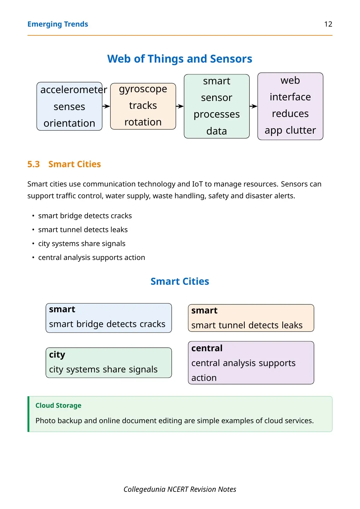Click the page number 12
coord(328,24)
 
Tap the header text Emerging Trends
coord(57,24)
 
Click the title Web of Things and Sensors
coord(180,59)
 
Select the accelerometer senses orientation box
coord(69,106)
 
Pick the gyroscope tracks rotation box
coord(143,106)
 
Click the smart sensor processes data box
coord(217,106)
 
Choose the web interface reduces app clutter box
coord(290,106)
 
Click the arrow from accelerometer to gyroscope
coord(106,106)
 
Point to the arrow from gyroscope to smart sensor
coord(180,106)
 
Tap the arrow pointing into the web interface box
coord(253,106)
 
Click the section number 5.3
coord(34,164)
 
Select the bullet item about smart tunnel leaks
coord(83,230)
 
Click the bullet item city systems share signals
coord(82,244)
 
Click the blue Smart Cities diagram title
coord(180,281)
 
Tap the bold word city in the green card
coord(57,355)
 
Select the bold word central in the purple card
coord(207,348)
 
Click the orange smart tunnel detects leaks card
coord(251,318)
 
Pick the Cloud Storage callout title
coord(58,406)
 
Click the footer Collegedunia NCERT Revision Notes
coord(180,489)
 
